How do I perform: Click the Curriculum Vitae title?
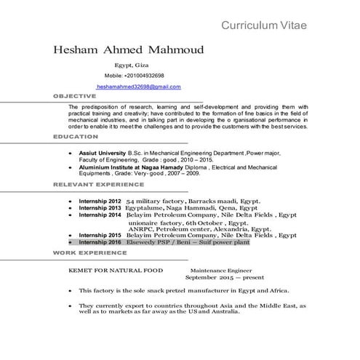pyautogui.click(x=264, y=26)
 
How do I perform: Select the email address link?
pyautogui.click(x=138, y=87)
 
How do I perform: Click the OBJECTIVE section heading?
pyautogui.click(x=75, y=96)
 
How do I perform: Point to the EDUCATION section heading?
pyautogui.click(x=76, y=136)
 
